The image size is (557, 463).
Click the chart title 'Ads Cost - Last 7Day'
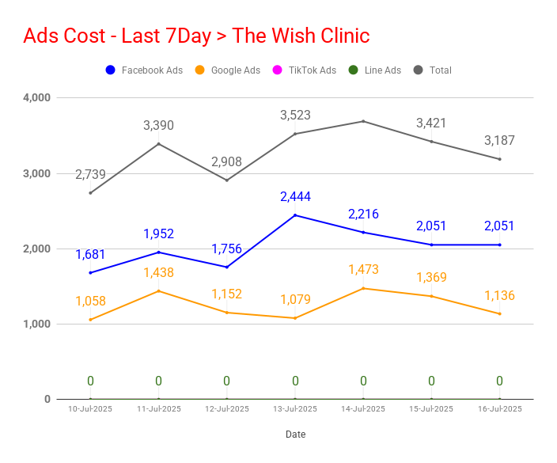click(x=117, y=36)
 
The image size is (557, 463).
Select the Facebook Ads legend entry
click(x=144, y=70)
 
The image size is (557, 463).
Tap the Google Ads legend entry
click(x=228, y=70)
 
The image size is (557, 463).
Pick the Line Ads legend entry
click(x=375, y=70)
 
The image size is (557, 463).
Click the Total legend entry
click(x=433, y=70)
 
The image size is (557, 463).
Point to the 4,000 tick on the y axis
click(x=36, y=97)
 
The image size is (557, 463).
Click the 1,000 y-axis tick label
click(x=36, y=324)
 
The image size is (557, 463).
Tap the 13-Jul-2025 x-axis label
click(x=295, y=409)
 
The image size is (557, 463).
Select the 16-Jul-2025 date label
click(x=500, y=409)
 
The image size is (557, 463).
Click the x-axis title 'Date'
click(x=296, y=435)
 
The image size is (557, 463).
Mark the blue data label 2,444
click(x=296, y=196)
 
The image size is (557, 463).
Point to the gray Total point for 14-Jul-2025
click(x=363, y=122)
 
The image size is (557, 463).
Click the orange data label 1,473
click(x=363, y=269)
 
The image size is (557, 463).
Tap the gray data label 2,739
click(x=90, y=174)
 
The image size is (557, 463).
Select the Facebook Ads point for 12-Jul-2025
click(x=227, y=268)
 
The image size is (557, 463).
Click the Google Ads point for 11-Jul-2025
click(x=159, y=291)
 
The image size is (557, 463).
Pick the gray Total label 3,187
click(x=499, y=140)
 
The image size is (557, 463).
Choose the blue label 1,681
click(x=90, y=254)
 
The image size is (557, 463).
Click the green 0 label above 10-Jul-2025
click(x=90, y=381)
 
